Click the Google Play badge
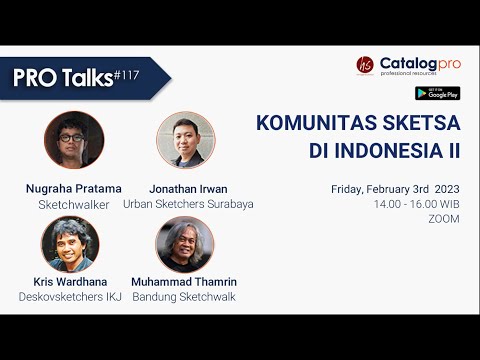pyautogui.click(x=437, y=93)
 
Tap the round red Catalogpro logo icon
pyautogui.click(x=364, y=65)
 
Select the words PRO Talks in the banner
pyautogui.click(x=62, y=79)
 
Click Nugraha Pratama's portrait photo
pyautogui.click(x=74, y=140)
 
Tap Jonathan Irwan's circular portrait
pyautogui.click(x=186, y=140)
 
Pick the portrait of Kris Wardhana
pyautogui.click(x=70, y=245)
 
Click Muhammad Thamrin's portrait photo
pyautogui.click(x=186, y=245)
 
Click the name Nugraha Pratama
pyautogui.click(x=72, y=187)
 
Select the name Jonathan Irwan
pyautogui.click(x=187, y=187)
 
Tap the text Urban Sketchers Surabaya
pyautogui.click(x=188, y=203)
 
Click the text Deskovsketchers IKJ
pyautogui.click(x=70, y=297)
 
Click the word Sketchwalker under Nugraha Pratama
pyautogui.click(x=72, y=203)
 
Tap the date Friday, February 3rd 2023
pyautogui.click(x=395, y=188)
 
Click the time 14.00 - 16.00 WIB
pyautogui.click(x=416, y=203)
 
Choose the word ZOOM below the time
pyautogui.click(x=443, y=218)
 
